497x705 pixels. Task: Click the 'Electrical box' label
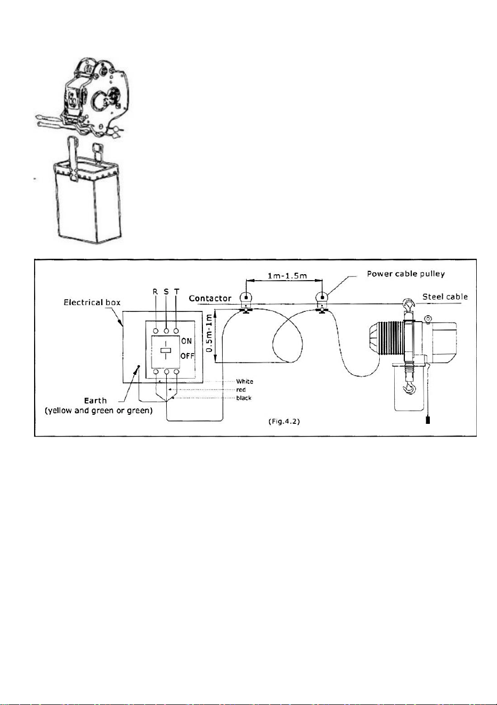click(92, 302)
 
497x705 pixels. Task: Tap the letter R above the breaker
click(155, 292)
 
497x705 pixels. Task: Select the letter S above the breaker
click(166, 292)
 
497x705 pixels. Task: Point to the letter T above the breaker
click(177, 292)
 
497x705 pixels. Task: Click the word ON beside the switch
click(186, 341)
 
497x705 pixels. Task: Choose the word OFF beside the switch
click(188, 356)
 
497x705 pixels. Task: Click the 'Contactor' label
click(210, 298)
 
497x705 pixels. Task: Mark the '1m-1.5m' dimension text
click(287, 276)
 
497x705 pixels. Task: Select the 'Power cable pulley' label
click(406, 274)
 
